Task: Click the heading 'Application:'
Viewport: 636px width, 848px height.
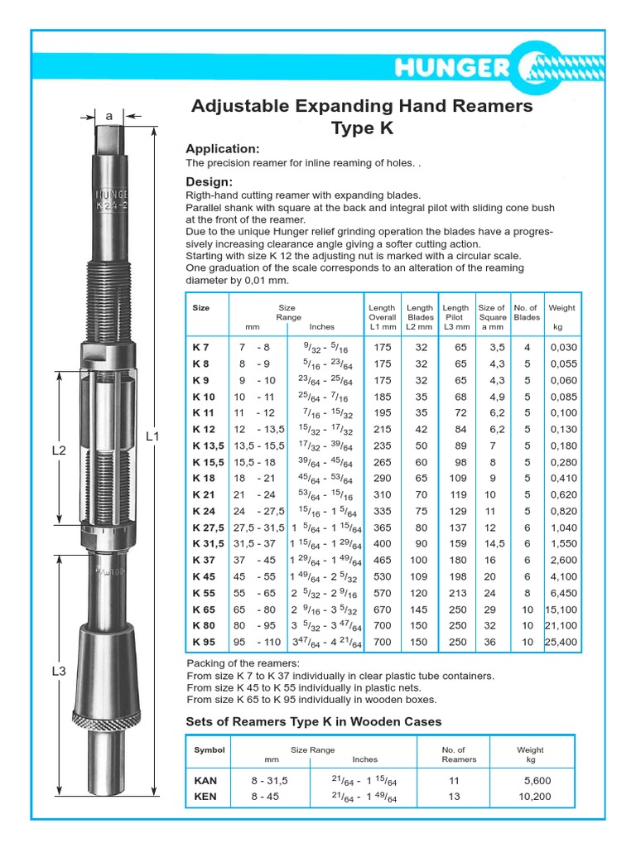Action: click(222, 149)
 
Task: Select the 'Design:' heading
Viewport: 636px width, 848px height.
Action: click(209, 181)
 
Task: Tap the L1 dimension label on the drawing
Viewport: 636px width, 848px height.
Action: click(152, 436)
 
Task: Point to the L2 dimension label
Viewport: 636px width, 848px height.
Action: click(59, 450)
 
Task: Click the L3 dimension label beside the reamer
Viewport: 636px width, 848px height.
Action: click(59, 672)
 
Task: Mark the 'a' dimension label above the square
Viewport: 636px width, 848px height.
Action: click(109, 117)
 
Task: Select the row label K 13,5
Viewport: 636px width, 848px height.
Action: click(209, 446)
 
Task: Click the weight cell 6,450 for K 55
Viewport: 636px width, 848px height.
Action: click(562, 593)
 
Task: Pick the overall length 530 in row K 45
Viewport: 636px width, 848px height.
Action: click(382, 576)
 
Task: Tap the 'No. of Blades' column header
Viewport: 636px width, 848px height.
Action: click(527, 312)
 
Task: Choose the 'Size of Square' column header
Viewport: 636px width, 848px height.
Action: click(492, 312)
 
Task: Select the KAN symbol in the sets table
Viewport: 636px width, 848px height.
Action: click(206, 780)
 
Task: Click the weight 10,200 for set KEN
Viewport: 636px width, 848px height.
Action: click(536, 797)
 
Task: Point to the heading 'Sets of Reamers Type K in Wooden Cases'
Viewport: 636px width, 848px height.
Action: click(313, 721)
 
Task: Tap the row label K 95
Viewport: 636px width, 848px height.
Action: click(204, 642)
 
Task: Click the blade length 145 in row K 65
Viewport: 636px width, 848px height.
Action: click(418, 609)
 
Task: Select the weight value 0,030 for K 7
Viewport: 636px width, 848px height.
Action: click(563, 348)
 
